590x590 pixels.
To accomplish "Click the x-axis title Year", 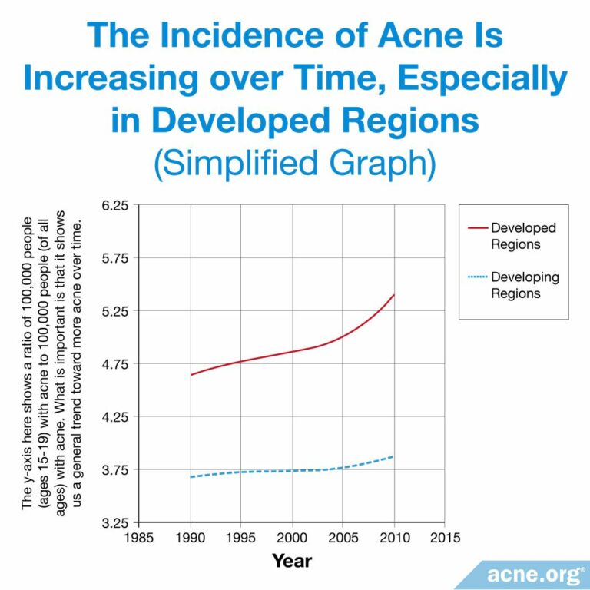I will coord(292,562).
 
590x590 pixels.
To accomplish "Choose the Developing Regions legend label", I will coord(525,285).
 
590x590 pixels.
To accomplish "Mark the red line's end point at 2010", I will coord(394,295).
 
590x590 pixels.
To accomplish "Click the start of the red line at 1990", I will coord(191,375).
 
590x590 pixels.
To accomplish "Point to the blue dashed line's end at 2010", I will coord(394,456).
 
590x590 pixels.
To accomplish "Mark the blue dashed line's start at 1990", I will coord(191,477).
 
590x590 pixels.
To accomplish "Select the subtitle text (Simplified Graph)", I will coord(294,163).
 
